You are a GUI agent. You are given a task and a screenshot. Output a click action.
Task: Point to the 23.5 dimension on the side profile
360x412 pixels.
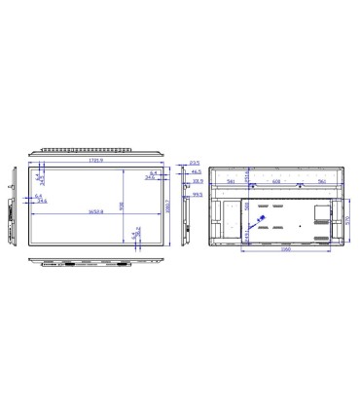(x=195, y=163)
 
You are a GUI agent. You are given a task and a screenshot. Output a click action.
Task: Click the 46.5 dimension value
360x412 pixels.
(x=196, y=171)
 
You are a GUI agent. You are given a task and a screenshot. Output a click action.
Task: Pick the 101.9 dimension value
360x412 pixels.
(x=196, y=181)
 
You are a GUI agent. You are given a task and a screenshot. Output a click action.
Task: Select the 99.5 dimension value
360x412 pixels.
(x=196, y=195)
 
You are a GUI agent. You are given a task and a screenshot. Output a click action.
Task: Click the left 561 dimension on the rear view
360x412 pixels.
(x=231, y=181)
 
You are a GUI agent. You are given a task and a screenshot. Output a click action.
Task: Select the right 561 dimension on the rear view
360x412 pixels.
(x=321, y=181)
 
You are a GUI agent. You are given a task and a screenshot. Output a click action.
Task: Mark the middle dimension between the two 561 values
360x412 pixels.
(x=275, y=181)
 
